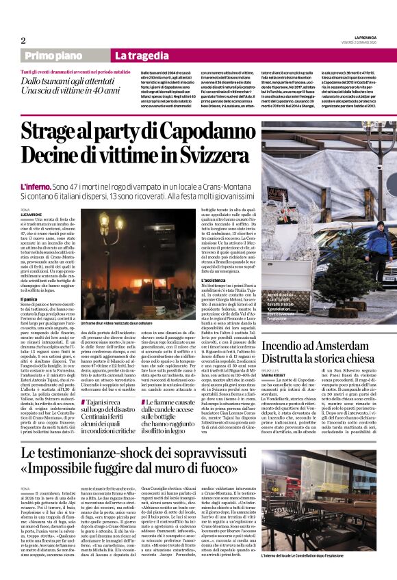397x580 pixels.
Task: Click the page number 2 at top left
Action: click(23, 40)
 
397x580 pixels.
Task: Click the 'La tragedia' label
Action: click(143, 55)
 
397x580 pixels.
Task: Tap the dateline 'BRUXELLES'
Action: click(272, 351)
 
